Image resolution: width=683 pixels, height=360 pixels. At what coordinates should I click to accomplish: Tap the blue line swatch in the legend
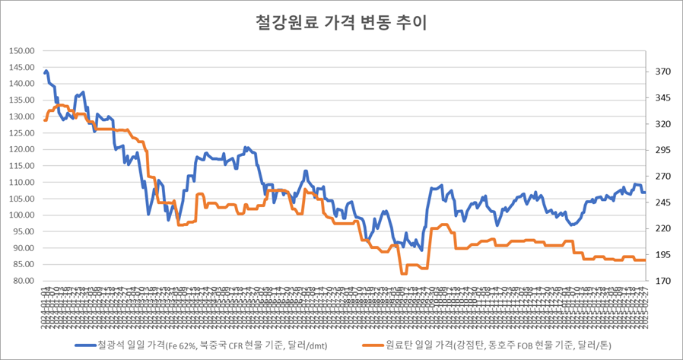pos(84,344)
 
